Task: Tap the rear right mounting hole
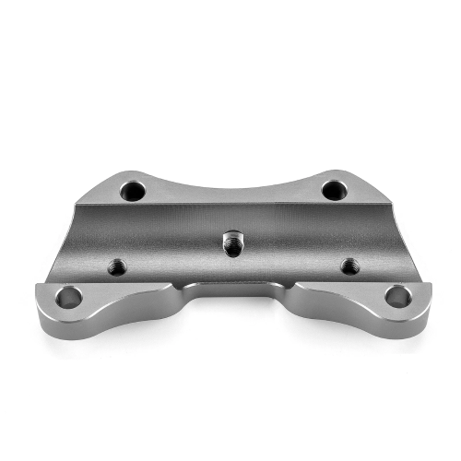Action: pyautogui.click(x=334, y=191)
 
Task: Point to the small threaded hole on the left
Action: pyautogui.click(x=116, y=266)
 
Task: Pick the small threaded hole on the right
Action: pyautogui.click(x=349, y=266)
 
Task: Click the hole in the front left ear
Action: pyautogui.click(x=68, y=297)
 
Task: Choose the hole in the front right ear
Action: pyautogui.click(x=397, y=297)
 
